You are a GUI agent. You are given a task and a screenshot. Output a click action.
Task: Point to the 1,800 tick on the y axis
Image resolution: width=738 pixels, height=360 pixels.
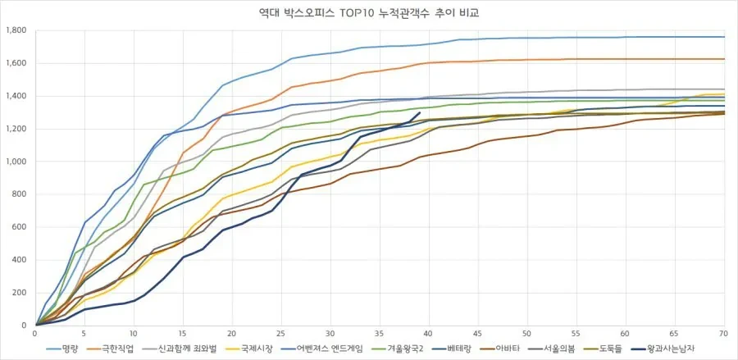pos(16,30)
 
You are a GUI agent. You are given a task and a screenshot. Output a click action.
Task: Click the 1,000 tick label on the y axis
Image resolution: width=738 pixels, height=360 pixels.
pos(16,162)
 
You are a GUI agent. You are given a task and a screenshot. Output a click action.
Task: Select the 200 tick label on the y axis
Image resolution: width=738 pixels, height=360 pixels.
pos(20,293)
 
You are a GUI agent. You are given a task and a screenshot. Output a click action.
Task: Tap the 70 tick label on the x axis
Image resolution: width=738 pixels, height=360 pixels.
pos(724,334)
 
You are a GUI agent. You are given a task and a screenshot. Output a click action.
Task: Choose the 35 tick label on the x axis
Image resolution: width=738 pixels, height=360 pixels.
pos(380,334)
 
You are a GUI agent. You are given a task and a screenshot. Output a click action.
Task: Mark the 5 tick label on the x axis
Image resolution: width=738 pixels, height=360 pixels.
pos(84,334)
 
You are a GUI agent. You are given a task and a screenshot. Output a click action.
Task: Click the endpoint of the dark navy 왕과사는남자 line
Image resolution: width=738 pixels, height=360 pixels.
pos(420,113)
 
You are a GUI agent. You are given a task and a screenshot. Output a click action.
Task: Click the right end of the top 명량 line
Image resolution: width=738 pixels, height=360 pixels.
pos(724,37)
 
